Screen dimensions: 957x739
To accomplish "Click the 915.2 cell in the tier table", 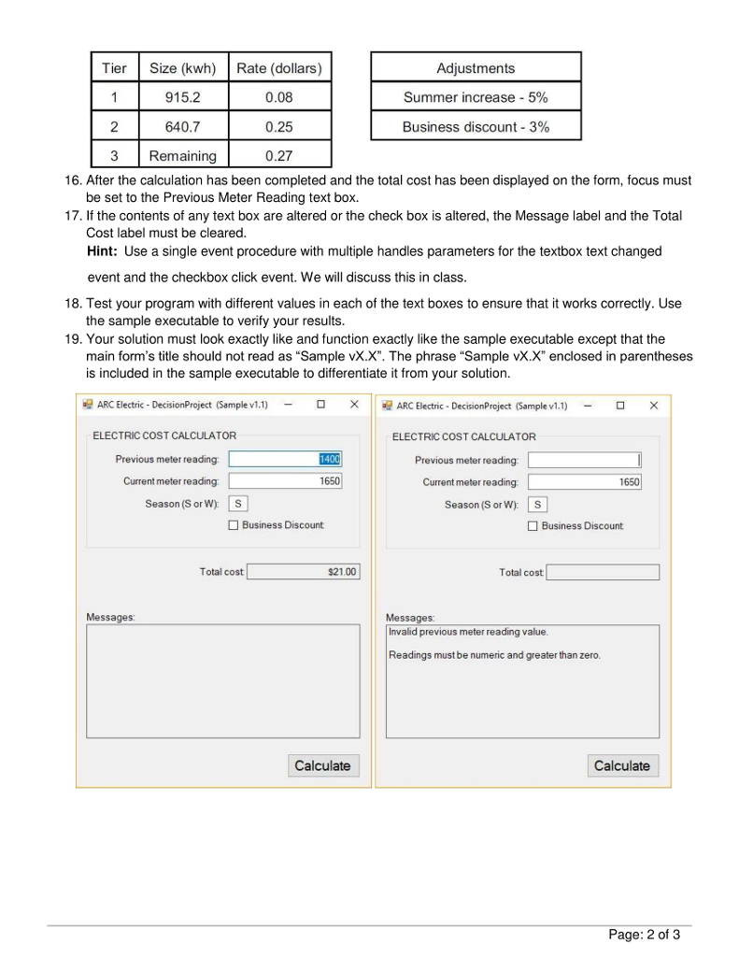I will (183, 97).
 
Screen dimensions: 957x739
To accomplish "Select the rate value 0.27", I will (278, 156).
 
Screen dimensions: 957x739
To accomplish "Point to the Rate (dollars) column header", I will (278, 68).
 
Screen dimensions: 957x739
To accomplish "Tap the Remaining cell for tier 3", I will (183, 156).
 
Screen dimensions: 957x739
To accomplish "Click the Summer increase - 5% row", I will (476, 97).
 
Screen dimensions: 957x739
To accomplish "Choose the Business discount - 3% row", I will (476, 127).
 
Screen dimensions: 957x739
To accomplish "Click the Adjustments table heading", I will (476, 68).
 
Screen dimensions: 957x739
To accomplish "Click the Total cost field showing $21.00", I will (303, 572).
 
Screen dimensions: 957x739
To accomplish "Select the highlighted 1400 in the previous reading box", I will (329, 459).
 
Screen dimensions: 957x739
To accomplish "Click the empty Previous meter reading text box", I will (584, 460).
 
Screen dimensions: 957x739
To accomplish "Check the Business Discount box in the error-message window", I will (533, 526).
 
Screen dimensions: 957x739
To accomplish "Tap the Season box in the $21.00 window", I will (239, 504).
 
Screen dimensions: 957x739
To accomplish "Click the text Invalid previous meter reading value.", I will (469, 633).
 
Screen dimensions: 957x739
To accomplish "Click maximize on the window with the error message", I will (619, 406).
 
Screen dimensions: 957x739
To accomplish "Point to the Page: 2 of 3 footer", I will (644, 934).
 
